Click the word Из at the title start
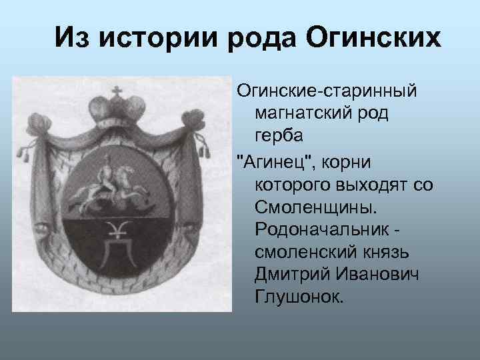coord(71,38)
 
